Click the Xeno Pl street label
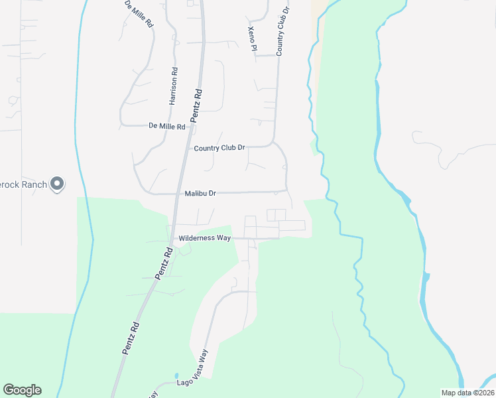(x=252, y=39)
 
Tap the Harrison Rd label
(x=174, y=87)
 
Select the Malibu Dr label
(x=200, y=194)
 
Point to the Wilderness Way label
(x=204, y=237)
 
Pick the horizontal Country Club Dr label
(x=219, y=149)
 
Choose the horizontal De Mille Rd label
(x=166, y=125)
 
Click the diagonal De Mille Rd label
(x=139, y=13)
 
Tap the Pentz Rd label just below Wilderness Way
(x=164, y=263)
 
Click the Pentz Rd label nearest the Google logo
(x=131, y=338)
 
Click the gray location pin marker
(x=58, y=184)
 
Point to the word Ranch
(x=33, y=184)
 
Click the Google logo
(x=22, y=390)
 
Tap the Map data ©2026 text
(x=467, y=393)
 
